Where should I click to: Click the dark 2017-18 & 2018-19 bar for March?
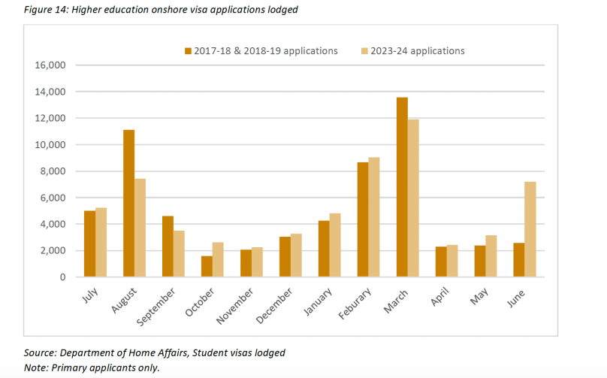coord(402,187)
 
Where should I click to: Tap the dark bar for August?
coord(128,204)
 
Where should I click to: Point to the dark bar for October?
coord(207,267)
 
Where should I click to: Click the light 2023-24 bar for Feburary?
coord(375,217)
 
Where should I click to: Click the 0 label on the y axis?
coord(63,277)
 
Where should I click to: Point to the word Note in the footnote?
coord(36,367)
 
